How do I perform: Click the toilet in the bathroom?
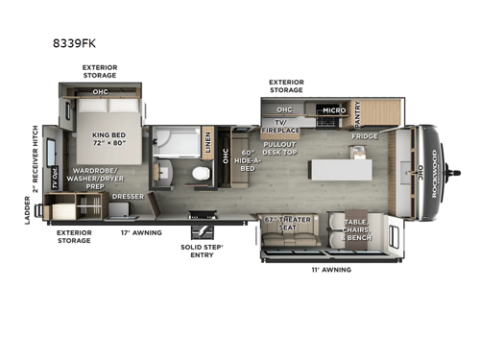point(200,174)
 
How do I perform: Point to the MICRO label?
point(333,109)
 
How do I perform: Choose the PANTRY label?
point(357,113)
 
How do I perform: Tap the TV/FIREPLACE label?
point(284,128)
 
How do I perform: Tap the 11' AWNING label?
point(332,270)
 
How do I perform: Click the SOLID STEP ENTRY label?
point(203,249)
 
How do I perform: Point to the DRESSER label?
point(128,197)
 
